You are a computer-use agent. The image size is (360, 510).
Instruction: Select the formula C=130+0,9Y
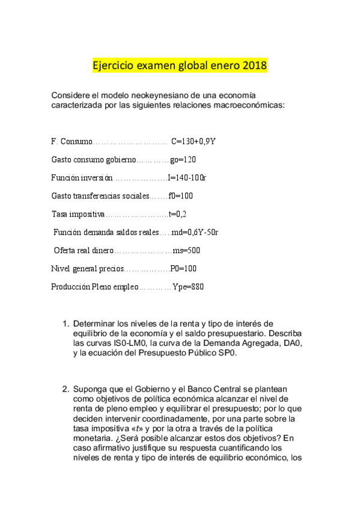(194, 141)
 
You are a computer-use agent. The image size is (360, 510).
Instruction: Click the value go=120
(183, 159)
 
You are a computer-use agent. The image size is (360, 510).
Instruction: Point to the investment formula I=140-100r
(187, 178)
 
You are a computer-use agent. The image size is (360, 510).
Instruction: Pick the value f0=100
(181, 196)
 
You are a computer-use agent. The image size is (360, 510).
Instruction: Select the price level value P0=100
(184, 268)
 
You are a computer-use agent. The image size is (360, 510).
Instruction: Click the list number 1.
(66, 324)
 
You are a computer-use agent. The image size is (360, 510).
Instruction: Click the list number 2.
(66, 388)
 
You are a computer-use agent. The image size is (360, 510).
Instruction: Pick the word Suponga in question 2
(90, 388)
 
